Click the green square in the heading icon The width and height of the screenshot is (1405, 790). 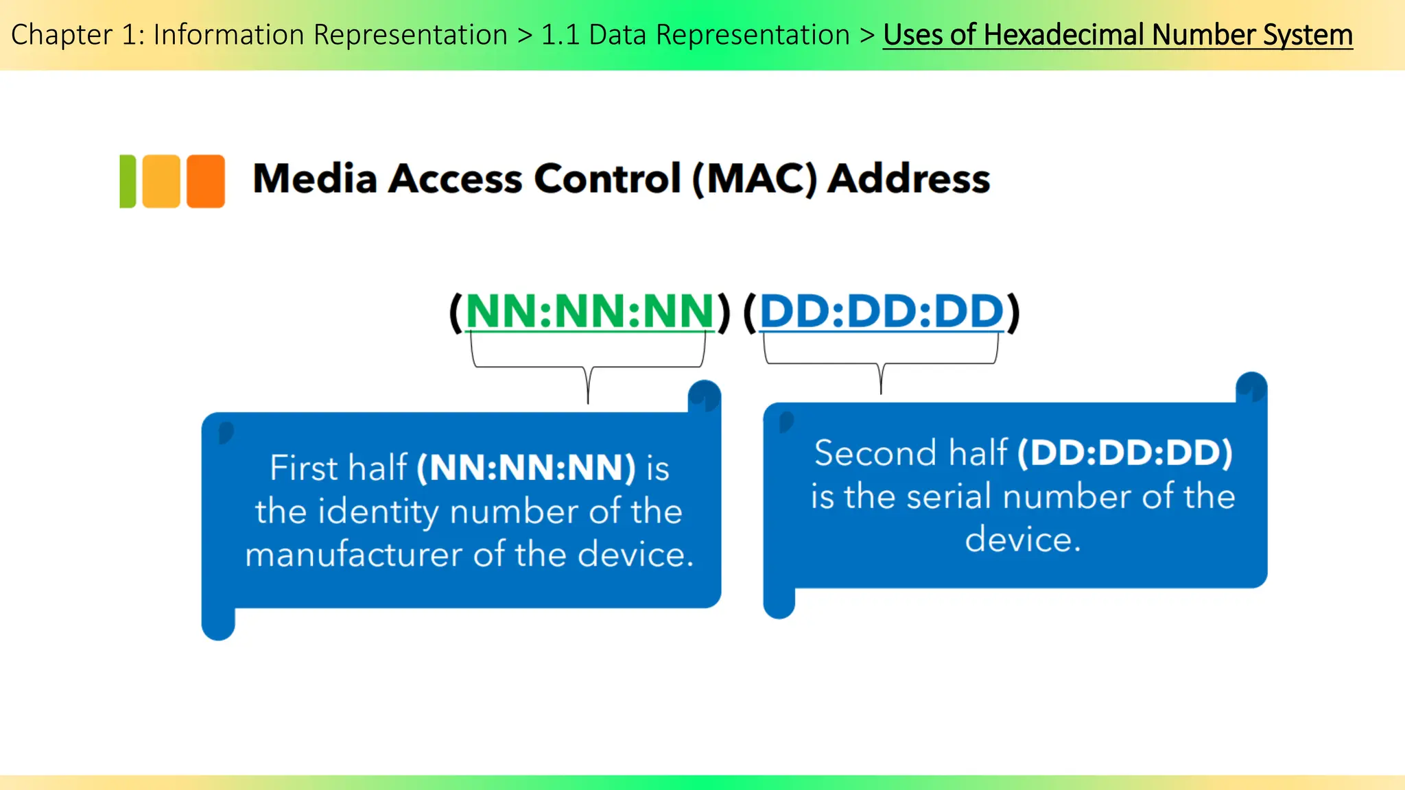coord(128,181)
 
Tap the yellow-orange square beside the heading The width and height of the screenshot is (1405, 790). coord(161,181)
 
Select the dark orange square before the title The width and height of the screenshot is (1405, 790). coord(206,181)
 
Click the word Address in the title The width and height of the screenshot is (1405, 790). coord(909,179)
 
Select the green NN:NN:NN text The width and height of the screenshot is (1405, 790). coord(590,311)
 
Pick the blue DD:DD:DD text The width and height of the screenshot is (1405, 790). coord(882,311)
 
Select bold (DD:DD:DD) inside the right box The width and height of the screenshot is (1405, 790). coord(1125,453)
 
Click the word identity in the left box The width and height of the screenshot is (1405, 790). coord(381,512)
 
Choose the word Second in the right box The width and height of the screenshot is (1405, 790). coord(875,453)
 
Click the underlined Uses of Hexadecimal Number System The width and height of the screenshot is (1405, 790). coord(1118,35)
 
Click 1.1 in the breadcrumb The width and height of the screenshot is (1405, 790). coord(560,35)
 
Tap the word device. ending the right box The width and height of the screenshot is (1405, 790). coord(1022,540)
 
